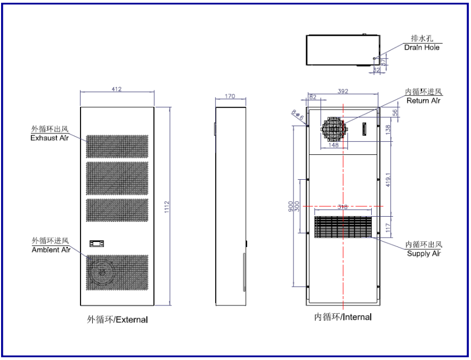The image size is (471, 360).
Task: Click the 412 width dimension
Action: pos(116,89)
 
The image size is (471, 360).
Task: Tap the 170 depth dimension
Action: pos(230,96)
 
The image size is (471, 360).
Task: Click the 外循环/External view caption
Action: pos(117,319)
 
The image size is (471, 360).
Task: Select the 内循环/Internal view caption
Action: pos(342,317)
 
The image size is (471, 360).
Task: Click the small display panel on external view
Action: pos(97,243)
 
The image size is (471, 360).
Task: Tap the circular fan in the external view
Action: pos(102,272)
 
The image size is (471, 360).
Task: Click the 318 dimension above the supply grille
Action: pos(344,207)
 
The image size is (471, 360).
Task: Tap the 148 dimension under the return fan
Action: pos(333,146)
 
